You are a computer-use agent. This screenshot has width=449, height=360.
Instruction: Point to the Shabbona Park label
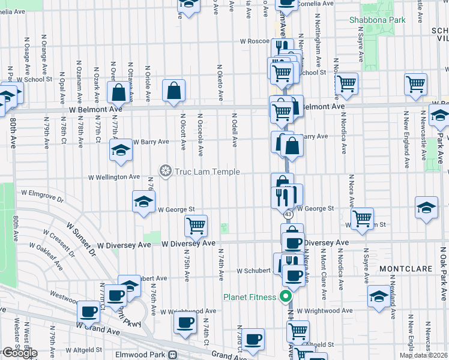coord(378,20)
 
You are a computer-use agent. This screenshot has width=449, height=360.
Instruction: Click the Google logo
coord(20,353)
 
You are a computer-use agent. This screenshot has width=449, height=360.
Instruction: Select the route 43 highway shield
coord(289,214)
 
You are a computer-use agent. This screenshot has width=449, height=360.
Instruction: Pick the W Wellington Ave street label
coord(114,177)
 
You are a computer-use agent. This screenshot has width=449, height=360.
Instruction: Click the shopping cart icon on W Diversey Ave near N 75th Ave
coord(196,226)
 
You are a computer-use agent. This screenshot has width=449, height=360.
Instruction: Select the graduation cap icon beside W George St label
coord(144,202)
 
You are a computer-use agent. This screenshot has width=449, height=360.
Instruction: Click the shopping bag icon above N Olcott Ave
coord(173,92)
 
